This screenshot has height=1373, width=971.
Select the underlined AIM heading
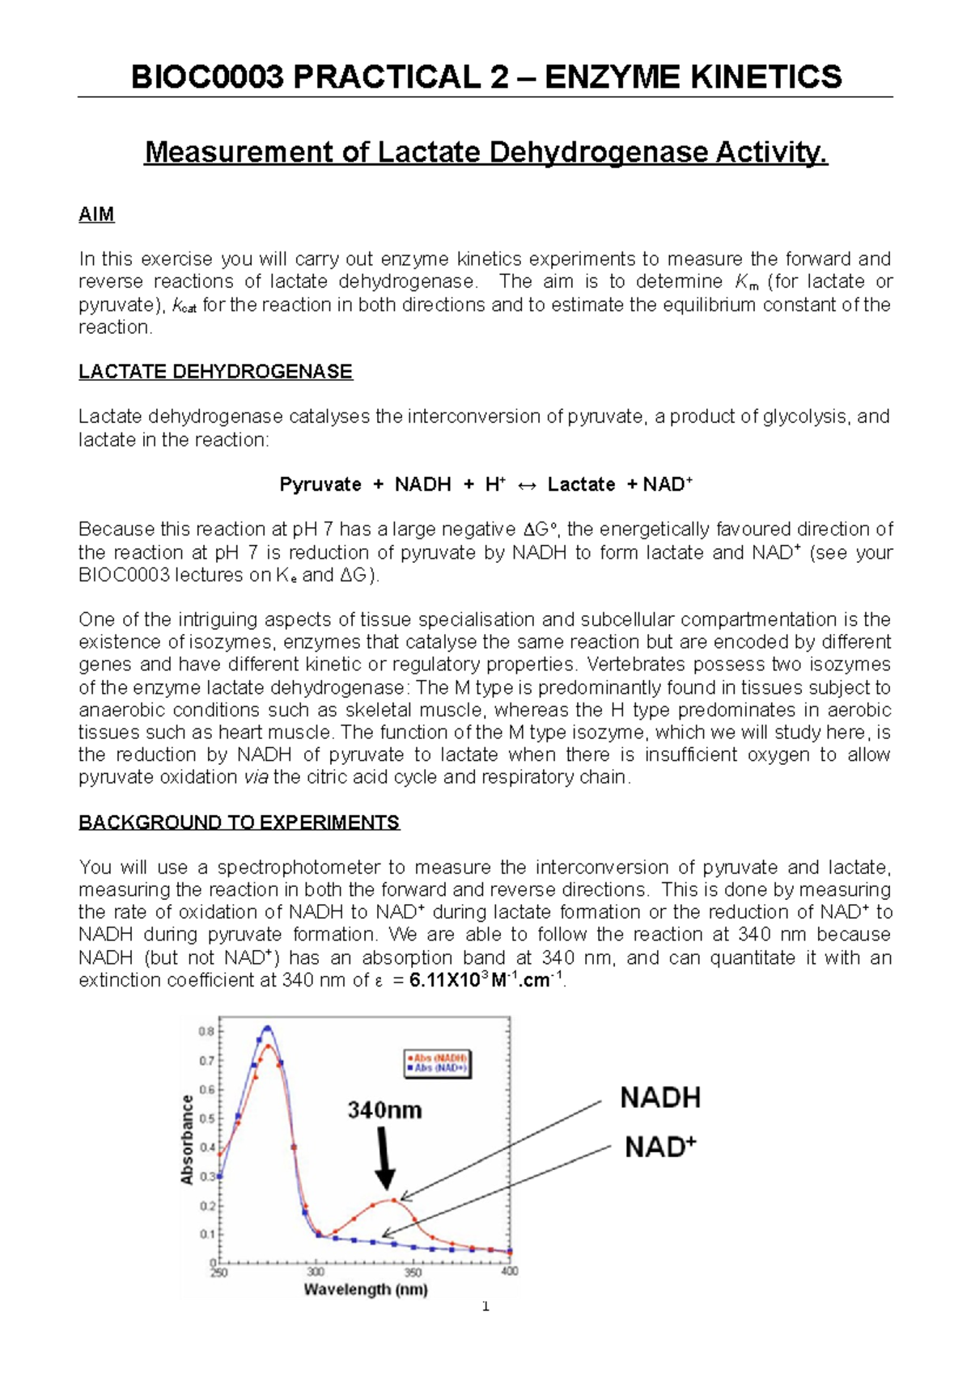point(96,214)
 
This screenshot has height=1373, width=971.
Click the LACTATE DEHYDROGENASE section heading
point(215,372)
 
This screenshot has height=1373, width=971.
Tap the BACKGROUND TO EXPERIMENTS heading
point(239,822)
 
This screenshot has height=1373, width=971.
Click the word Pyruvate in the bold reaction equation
point(320,484)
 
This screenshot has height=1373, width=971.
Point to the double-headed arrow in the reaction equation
point(527,485)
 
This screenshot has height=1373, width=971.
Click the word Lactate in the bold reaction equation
point(581,484)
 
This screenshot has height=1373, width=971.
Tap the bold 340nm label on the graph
point(385,1110)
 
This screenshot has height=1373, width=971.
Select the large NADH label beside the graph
point(660,1098)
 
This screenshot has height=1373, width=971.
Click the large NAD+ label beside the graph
point(660,1147)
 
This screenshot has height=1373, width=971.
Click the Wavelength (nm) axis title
point(366,1290)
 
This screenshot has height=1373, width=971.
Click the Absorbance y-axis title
point(187,1140)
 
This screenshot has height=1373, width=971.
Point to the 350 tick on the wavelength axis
point(413,1272)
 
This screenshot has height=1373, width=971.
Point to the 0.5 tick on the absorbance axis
point(207,1119)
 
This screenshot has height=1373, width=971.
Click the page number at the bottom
point(485,1329)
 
